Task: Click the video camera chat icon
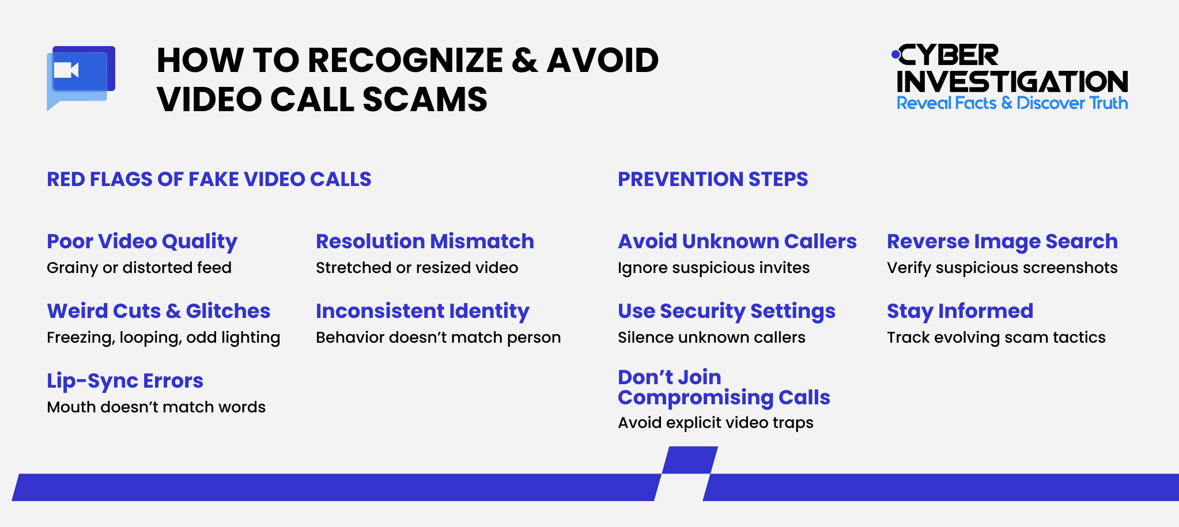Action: pos(80,77)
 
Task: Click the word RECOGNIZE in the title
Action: pos(406,60)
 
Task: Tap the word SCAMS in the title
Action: pos(425,100)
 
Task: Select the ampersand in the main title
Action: pos(524,60)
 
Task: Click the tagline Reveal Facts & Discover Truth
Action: pos(1012,103)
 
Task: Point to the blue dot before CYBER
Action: pos(895,55)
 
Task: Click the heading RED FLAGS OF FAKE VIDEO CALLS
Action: pos(209,179)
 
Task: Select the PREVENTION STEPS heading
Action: pos(713,179)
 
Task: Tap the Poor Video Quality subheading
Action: pos(142,241)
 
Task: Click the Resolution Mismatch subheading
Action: pos(425,241)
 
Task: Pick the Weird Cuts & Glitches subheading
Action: pos(158,311)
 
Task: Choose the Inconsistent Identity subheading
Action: pos(422,311)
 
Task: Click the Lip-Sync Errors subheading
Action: pos(125,381)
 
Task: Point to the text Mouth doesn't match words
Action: pos(156,407)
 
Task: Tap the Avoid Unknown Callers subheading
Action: pos(737,241)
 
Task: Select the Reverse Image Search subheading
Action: pos(1002,241)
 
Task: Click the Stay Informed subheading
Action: pos(960,311)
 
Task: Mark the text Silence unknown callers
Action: pos(712,338)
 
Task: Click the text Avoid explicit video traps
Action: pos(716,423)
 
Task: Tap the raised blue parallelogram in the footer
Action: pos(690,460)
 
